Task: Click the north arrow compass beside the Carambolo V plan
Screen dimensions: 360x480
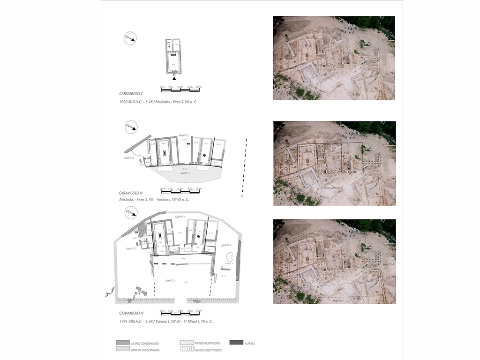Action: [x=130, y=39]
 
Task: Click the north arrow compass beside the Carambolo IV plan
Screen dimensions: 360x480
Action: [x=131, y=127]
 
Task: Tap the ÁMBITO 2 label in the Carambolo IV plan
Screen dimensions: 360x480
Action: [x=128, y=158]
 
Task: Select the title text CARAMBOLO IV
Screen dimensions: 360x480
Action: [x=132, y=193]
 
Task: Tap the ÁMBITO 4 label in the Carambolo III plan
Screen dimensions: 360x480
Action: [x=226, y=245]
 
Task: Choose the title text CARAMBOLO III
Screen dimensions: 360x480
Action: [x=131, y=313]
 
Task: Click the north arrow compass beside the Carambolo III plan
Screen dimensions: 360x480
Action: [x=131, y=214]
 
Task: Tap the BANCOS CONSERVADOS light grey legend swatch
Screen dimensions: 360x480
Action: [x=123, y=350]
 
